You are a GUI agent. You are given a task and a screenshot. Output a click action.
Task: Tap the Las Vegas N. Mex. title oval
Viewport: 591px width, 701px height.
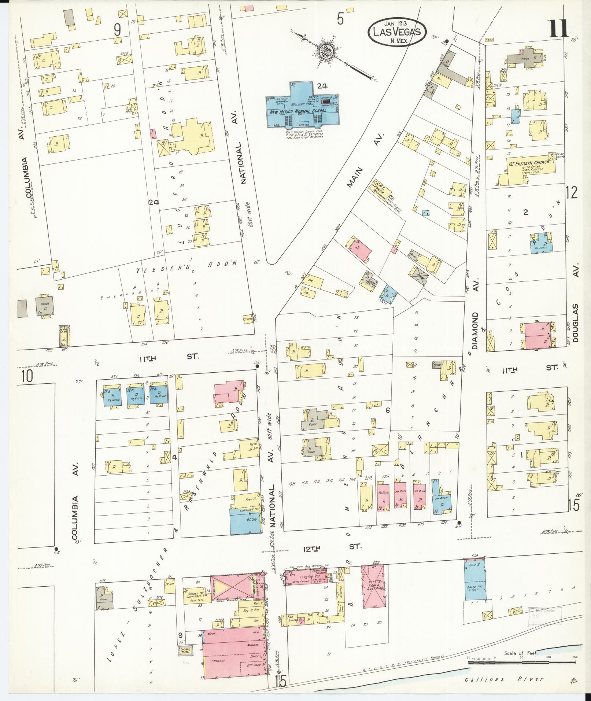pyautogui.click(x=397, y=32)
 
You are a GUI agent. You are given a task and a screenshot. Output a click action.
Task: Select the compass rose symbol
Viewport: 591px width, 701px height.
pyautogui.click(x=324, y=52)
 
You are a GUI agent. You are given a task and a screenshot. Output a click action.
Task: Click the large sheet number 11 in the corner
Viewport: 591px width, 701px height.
pyautogui.click(x=558, y=30)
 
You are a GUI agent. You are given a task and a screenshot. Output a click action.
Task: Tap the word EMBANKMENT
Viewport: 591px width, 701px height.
pyautogui.click(x=134, y=295)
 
